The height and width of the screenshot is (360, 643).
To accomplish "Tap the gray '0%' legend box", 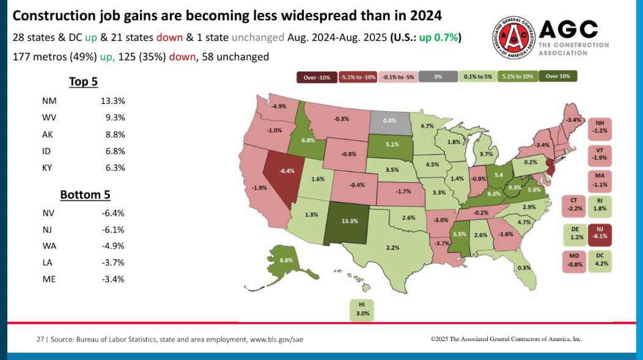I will [x=438, y=77].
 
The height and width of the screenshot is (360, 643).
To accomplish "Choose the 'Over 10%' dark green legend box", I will [x=557, y=77].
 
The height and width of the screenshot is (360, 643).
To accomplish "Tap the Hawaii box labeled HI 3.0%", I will [x=361, y=309].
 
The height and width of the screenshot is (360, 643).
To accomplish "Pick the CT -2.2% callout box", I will [x=573, y=204].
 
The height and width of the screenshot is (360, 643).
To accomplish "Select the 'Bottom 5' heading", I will [x=84, y=195].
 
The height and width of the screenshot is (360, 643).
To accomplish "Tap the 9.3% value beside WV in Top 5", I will [x=115, y=117].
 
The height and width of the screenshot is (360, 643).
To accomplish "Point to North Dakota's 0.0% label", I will [x=389, y=121].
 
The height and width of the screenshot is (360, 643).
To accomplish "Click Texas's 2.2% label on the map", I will [x=392, y=248].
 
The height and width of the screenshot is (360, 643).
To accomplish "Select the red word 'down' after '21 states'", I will [x=173, y=37].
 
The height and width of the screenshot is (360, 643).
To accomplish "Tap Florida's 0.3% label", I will [x=524, y=268].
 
